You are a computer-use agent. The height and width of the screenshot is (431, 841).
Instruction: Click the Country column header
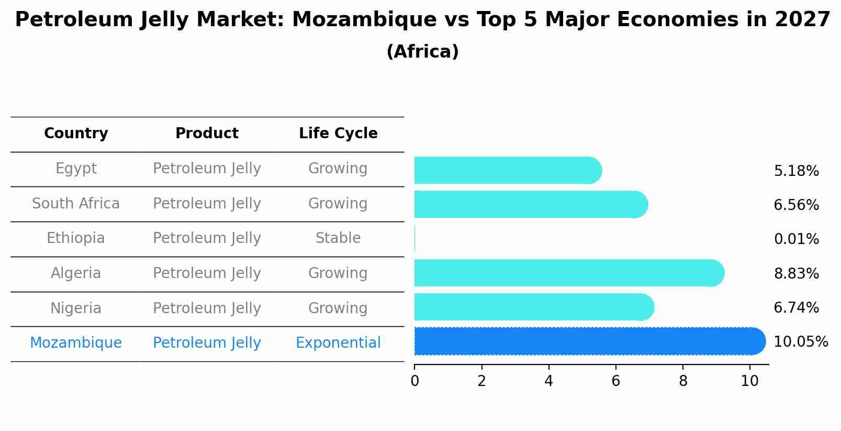[x=76, y=134]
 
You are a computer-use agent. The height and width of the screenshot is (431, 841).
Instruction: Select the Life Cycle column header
[x=338, y=134]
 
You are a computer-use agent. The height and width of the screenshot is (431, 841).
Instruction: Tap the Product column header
[x=207, y=134]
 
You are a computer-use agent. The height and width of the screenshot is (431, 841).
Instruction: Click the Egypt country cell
[x=76, y=169]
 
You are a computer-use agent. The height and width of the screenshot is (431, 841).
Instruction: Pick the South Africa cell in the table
[x=76, y=203]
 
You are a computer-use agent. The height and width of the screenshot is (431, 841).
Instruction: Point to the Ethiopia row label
[x=76, y=238]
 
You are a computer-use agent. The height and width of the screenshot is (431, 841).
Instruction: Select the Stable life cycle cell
[x=338, y=238]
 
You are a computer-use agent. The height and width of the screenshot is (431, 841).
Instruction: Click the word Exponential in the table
[x=338, y=343]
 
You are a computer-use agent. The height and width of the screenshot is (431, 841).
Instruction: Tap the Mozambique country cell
[x=76, y=343]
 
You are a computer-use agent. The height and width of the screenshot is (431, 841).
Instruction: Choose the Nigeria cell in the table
[x=76, y=308]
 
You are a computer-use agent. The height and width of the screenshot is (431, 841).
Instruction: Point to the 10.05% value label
[x=800, y=342]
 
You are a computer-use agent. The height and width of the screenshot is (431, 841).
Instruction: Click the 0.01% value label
[x=796, y=239]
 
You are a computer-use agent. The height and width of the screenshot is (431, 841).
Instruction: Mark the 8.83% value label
[x=796, y=273]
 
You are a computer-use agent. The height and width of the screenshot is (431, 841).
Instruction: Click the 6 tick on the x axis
[x=615, y=381]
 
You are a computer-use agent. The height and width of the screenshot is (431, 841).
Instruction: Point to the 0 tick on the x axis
[x=414, y=381]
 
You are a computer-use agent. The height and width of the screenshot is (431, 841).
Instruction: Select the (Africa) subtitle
[x=422, y=52]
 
